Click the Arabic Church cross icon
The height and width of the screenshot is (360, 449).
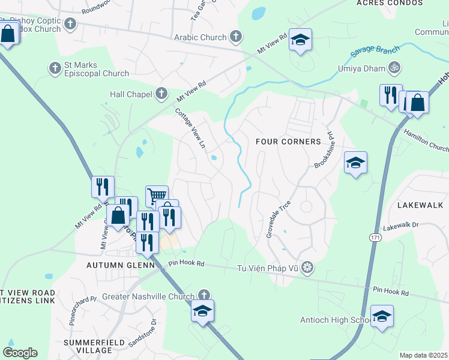pos(236,37)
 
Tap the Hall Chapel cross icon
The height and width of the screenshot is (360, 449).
pos(161,94)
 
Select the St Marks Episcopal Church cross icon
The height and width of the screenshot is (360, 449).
pos(55,67)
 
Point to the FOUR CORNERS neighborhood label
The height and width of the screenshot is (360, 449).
pos(288,142)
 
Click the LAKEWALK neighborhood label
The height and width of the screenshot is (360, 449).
pos(420,205)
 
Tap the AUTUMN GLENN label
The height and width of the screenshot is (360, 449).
pos(121,265)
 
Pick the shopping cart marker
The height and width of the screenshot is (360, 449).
pos(156,195)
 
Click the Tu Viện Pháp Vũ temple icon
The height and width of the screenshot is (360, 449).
pos(307,266)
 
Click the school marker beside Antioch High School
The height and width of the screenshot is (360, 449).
pos(382,316)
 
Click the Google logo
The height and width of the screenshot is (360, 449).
pos(20,353)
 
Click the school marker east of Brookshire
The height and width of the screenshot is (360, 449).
pos(355,163)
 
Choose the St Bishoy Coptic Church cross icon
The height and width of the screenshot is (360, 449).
pos(70,25)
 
